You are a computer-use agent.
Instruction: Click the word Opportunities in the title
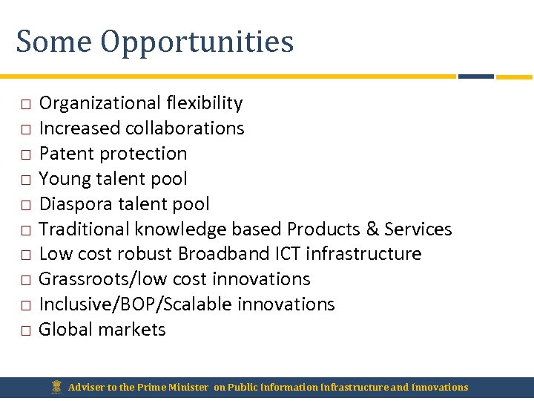[197, 42]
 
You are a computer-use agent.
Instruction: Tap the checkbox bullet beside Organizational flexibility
[24, 104]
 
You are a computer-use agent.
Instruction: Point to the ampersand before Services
[370, 229]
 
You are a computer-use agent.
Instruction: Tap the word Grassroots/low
[100, 279]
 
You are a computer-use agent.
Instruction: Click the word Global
[67, 330]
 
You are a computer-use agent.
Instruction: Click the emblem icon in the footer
[56, 386]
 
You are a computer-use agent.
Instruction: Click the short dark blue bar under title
[475, 76]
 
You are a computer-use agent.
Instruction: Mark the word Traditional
[84, 229]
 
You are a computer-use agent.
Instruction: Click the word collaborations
[185, 128]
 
